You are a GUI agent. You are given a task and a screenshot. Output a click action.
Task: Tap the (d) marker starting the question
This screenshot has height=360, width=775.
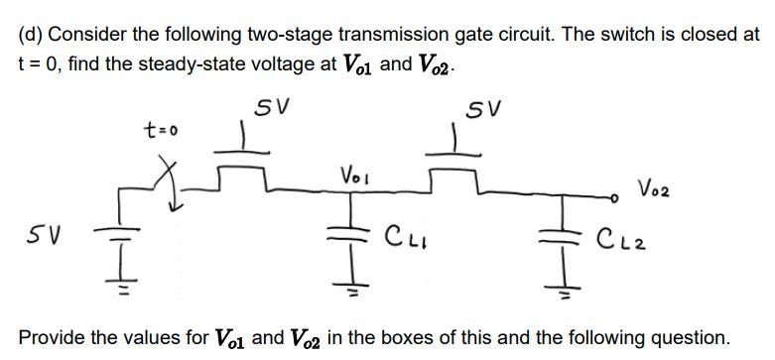(x=32, y=35)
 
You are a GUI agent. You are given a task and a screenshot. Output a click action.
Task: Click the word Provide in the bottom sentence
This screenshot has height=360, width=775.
(x=50, y=336)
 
